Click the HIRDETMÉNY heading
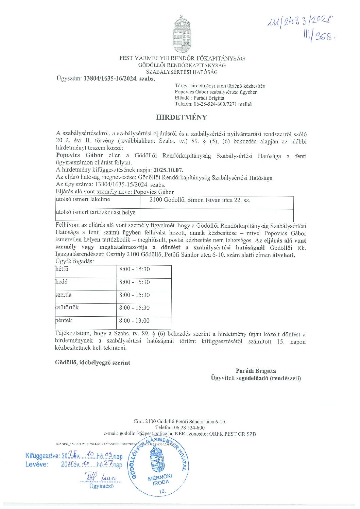click(x=182, y=117)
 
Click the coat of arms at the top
click(x=182, y=34)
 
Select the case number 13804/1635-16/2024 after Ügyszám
click(x=119, y=78)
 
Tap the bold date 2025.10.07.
click(x=169, y=170)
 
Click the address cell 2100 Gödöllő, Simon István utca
click(x=200, y=200)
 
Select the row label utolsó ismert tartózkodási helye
click(x=96, y=212)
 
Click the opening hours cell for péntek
click(x=134, y=320)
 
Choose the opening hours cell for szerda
click(x=134, y=295)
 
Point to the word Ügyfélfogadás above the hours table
click(x=74, y=261)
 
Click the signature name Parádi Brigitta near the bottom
click(x=256, y=371)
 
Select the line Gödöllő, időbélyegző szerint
click(x=92, y=363)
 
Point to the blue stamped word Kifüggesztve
click(x=42, y=456)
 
